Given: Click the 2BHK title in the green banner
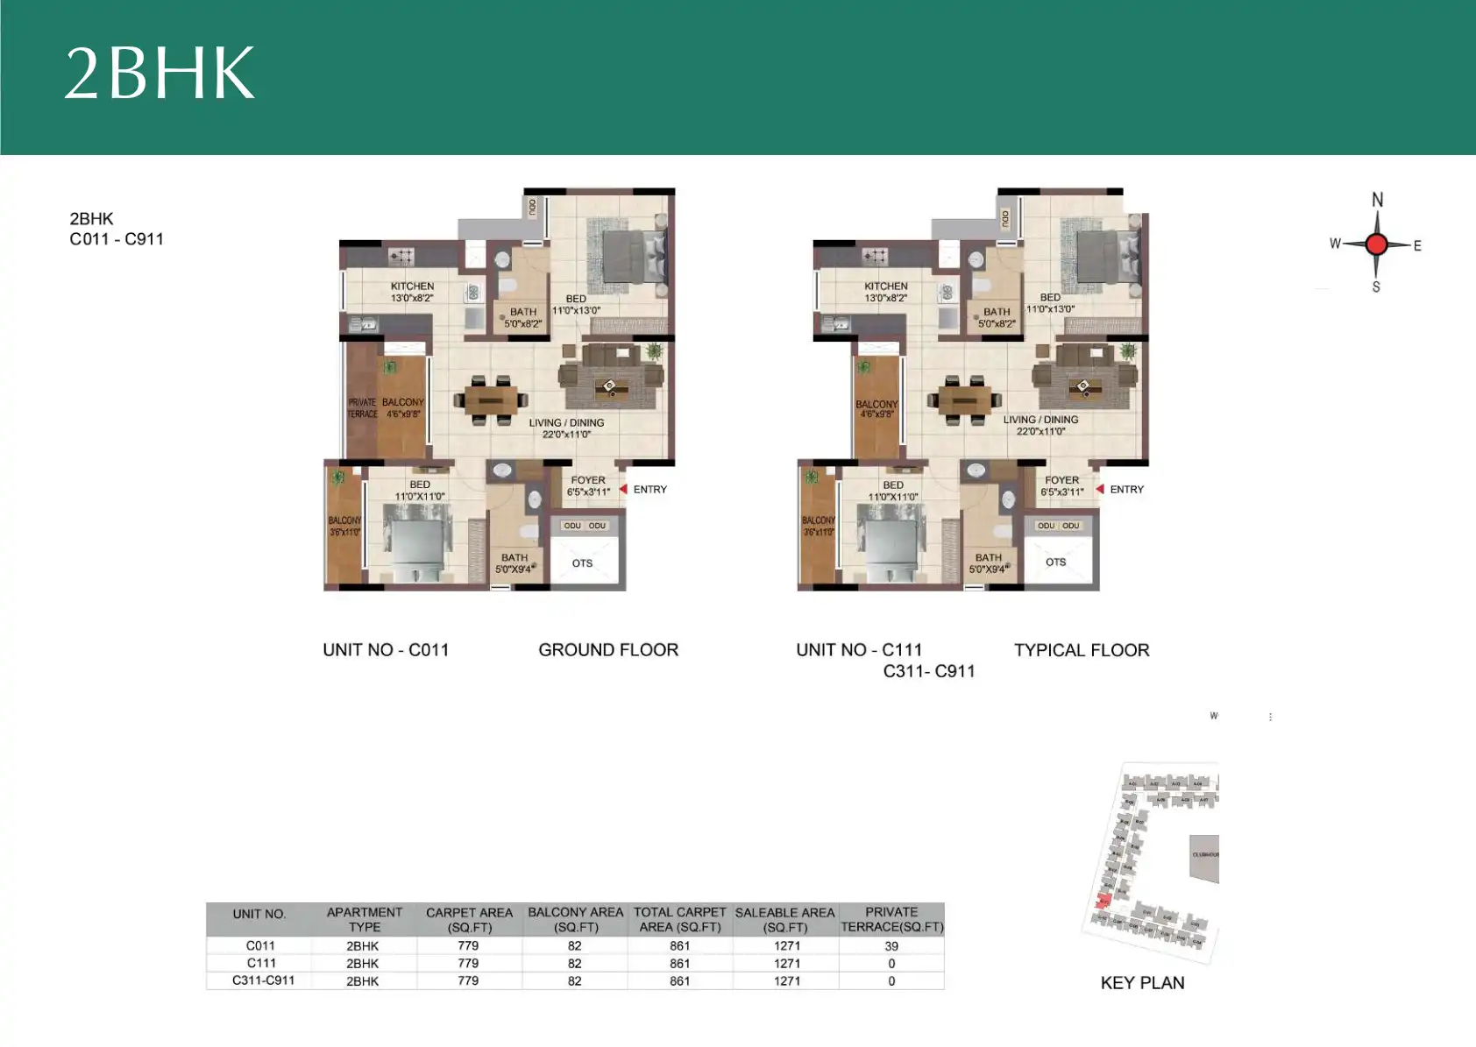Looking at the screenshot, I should [160, 73].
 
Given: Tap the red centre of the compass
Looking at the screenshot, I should [1377, 244].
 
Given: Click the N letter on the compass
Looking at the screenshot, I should [1377, 200].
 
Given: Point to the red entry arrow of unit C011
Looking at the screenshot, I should [623, 489].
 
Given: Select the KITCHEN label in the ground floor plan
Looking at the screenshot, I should [412, 287].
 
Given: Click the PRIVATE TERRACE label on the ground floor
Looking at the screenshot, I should [362, 408].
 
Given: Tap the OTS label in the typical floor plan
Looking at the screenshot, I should [1055, 562].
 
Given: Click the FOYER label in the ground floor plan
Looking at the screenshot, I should [588, 480].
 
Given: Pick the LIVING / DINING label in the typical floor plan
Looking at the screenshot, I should [1040, 420].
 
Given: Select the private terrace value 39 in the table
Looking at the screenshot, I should [891, 946].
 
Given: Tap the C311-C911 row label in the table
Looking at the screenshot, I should [263, 980].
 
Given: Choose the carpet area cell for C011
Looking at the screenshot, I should [468, 946].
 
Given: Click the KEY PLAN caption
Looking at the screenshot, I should [1142, 983].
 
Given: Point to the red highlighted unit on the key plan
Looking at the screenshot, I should [1103, 901].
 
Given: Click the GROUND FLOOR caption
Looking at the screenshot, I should [608, 650].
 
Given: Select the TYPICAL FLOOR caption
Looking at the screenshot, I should [1082, 650].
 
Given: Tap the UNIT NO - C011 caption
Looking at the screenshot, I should [386, 650].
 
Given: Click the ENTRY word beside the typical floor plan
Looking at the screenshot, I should [1126, 490].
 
